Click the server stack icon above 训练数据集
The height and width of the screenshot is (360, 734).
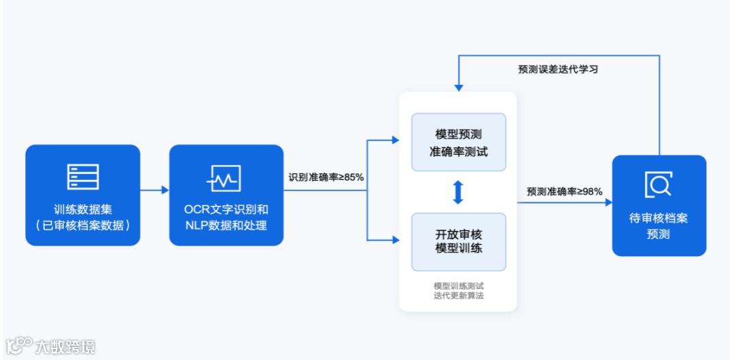pos(83,177)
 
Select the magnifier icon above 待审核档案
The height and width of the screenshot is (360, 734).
pos(658,184)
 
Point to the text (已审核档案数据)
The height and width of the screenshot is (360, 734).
pos(83,226)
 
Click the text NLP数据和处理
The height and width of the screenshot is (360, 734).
pos(226,226)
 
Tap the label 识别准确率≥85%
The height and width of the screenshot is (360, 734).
pos(326,177)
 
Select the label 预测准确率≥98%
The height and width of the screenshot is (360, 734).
pos(564,192)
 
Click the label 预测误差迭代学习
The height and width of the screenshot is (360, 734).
pos(558,69)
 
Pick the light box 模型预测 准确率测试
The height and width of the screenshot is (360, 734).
pos(459,142)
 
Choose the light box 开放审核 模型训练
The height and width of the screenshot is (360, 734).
pos(459,241)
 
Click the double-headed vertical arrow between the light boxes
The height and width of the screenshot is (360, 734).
pos(459,192)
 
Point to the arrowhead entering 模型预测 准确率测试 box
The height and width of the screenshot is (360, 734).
pos(396,141)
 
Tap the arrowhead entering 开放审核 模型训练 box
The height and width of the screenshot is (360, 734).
pos(396,240)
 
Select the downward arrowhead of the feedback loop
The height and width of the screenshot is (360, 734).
pos(459,88)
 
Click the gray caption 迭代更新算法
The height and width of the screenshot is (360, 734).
pos(459,296)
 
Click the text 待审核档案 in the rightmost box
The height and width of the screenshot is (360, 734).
pos(659,219)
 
